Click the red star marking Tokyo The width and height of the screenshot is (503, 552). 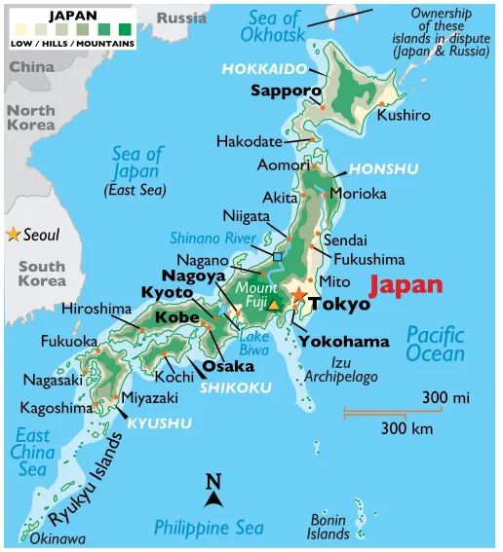(298, 295)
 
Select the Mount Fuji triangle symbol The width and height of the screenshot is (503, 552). (274, 305)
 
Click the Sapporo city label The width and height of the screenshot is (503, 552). (286, 92)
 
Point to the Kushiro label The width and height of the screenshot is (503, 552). (404, 115)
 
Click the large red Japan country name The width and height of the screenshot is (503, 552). (405, 285)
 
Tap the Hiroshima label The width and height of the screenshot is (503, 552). (96, 309)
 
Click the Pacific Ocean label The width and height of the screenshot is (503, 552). (436, 343)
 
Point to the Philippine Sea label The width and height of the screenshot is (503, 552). (209, 527)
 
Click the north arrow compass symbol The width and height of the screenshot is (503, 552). (214, 490)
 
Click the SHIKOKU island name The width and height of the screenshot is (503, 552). (235, 386)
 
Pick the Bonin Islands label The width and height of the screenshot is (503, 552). (329, 527)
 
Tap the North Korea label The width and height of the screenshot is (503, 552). (32, 118)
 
